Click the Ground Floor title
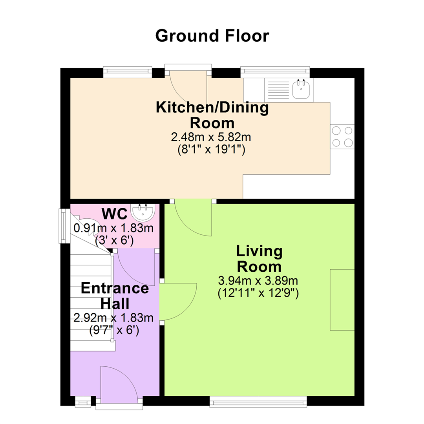tap(212, 36)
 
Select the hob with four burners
tap(342, 137)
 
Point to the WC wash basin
tap(143, 212)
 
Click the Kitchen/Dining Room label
tap(212, 115)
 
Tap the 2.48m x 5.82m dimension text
tap(211, 137)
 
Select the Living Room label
tap(260, 259)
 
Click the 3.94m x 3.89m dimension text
tap(258, 281)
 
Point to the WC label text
tap(115, 214)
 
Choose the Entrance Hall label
tap(115, 296)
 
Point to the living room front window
tap(258, 401)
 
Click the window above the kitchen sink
tap(275, 71)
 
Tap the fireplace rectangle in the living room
tap(342, 300)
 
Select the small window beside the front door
tap(83, 402)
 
